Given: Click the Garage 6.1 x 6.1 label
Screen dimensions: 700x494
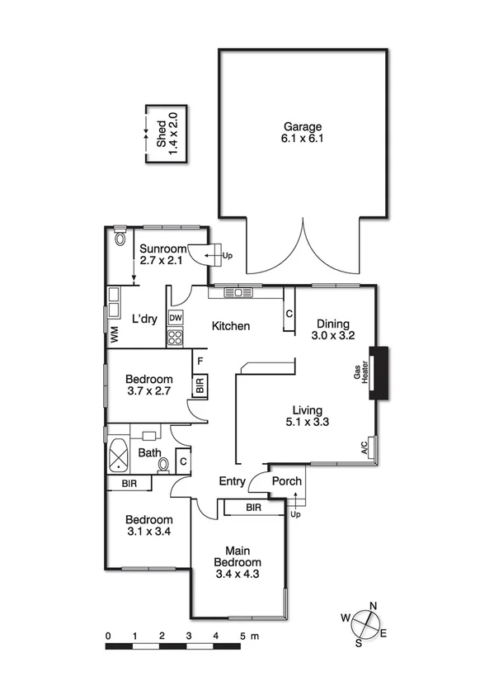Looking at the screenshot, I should click(303, 133).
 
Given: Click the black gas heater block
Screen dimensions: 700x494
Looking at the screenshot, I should click(380, 373).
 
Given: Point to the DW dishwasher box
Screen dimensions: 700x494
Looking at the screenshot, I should click(176, 318).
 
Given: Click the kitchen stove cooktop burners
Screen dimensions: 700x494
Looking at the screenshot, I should click(176, 337).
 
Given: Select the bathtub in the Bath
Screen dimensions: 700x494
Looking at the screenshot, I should click(120, 454).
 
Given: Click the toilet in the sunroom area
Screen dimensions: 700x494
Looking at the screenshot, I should click(121, 239).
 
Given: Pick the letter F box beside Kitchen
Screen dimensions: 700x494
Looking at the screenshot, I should click(199, 360).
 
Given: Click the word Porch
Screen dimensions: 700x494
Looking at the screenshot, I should click(287, 481).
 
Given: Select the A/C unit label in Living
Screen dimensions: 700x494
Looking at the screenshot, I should click(365, 448).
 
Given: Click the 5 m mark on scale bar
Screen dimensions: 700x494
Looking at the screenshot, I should click(243, 636).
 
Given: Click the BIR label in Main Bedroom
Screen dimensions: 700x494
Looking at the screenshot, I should click(253, 508).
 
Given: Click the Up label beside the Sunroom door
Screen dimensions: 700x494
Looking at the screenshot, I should click(228, 256).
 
